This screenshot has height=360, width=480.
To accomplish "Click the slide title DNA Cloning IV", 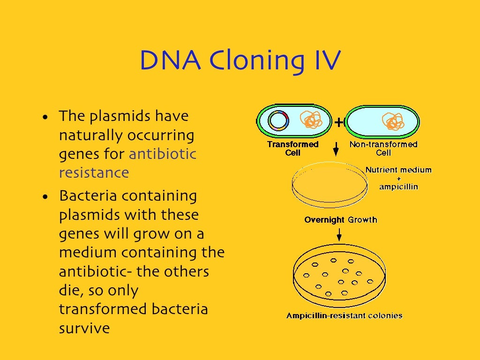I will (x=240, y=61).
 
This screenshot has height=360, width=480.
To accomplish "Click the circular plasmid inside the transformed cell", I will (x=278, y=121).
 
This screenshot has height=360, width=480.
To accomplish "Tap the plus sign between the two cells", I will (x=338, y=123).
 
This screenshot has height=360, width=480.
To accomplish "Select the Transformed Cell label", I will (x=292, y=148).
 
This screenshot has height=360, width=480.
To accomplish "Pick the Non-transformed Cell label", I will (x=383, y=148).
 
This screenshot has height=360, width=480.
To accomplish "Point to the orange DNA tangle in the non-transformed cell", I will (x=393, y=121).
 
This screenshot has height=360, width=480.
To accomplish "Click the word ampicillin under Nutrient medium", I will (x=398, y=187).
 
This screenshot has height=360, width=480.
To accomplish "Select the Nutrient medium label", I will (x=398, y=170).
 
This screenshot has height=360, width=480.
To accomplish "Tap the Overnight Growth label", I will (x=340, y=219).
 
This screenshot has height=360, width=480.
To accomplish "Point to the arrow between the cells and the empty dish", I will (x=336, y=150).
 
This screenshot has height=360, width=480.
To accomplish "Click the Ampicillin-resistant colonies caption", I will (x=345, y=315).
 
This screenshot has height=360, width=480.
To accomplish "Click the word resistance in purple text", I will (x=94, y=172).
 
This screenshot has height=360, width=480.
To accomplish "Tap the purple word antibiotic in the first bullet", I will (x=162, y=154).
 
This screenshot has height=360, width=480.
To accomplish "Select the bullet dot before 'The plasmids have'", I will (x=45, y=117).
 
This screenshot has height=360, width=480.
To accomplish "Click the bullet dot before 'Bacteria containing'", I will (x=45, y=197).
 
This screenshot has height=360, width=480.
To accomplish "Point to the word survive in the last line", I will (x=84, y=328).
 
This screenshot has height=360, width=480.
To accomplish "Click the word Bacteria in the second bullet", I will (x=88, y=195).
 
